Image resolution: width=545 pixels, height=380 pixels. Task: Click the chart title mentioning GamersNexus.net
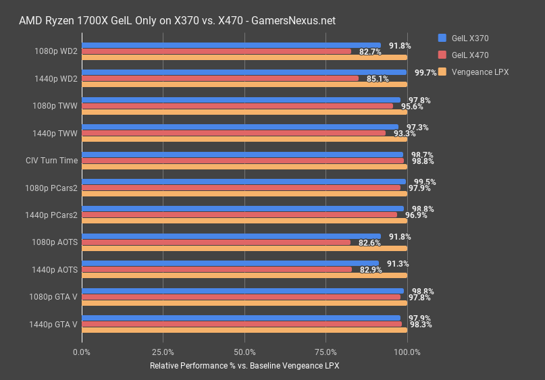pos(177,21)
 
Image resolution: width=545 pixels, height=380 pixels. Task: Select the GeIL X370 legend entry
pos(469,38)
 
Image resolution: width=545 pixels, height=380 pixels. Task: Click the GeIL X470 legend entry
pos(469,55)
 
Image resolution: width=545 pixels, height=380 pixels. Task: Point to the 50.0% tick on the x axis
pos(244,352)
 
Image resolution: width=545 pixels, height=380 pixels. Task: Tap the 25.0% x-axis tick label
pos(163,352)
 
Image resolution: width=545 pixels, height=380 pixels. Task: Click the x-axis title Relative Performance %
pos(244,366)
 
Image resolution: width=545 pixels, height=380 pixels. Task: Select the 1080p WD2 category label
pos(55,51)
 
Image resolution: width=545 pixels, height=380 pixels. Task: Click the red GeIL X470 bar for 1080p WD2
pos(216,51)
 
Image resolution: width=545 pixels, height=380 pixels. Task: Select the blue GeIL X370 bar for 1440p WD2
pos(243,72)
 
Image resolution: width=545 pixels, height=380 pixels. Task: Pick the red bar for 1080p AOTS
pos(216,242)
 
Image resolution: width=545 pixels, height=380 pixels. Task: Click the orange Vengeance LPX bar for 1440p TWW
pos(243,139)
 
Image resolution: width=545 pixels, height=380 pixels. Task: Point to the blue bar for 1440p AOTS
pos(230,263)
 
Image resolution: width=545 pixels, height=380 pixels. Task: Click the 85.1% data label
pos(378,79)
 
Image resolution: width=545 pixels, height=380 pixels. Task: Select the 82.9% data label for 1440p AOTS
pos(371,270)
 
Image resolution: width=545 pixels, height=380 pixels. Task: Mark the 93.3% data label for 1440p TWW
pos(405,134)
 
